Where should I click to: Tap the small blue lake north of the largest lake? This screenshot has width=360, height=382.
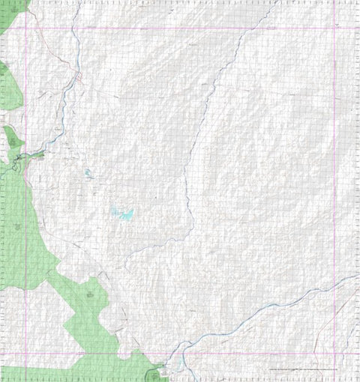(88, 174)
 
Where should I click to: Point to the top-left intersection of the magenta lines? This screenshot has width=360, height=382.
(27, 28)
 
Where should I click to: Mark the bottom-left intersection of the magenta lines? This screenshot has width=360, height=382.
(27, 352)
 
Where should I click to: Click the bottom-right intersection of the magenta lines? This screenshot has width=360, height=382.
(334, 352)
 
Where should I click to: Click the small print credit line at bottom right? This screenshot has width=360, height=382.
(300, 370)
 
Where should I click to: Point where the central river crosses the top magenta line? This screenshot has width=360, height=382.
(243, 28)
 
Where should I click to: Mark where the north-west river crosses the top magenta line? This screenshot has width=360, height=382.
(73, 28)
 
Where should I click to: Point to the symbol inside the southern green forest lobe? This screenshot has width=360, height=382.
(90, 296)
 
